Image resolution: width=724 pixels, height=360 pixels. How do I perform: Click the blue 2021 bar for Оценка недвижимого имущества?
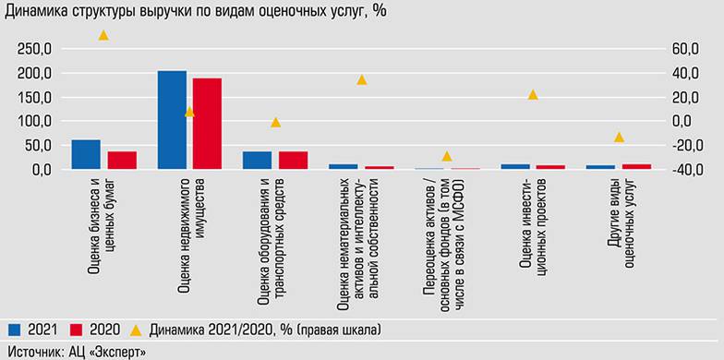(172, 120)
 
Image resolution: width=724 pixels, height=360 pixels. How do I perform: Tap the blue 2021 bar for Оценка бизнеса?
(86, 154)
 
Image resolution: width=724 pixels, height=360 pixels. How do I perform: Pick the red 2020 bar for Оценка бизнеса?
(122, 160)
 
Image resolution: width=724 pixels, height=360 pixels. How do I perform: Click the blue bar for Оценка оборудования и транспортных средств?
(258, 160)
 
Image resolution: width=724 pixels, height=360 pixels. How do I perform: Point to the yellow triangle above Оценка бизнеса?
(103, 35)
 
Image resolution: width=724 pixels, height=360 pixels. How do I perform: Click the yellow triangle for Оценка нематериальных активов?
(362, 80)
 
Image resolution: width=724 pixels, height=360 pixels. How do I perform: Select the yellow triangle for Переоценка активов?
(447, 156)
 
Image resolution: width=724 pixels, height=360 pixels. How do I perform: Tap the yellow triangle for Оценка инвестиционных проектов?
(533, 95)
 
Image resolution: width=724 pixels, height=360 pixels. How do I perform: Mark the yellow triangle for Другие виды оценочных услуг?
(619, 138)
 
